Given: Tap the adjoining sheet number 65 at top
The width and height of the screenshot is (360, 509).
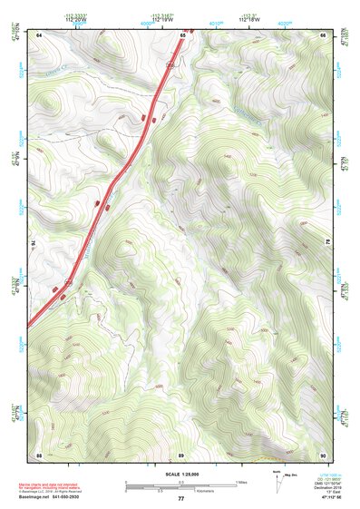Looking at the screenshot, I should [182, 34].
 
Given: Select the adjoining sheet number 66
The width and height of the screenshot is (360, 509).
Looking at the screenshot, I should [324, 34].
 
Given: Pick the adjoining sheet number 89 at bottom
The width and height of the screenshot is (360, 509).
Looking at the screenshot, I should [181, 454].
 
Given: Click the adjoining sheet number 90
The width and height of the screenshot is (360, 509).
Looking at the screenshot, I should [324, 454].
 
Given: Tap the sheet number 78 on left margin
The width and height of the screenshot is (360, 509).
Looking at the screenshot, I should [33, 243].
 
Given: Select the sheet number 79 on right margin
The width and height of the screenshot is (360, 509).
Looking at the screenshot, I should [329, 243].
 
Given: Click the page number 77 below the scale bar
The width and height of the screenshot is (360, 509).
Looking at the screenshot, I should [180, 499].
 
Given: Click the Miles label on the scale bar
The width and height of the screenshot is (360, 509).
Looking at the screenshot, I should [242, 482].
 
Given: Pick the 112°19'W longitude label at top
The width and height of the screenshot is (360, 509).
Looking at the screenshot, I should [162, 19].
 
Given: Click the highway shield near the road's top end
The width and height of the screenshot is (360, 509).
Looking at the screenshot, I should [170, 65].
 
